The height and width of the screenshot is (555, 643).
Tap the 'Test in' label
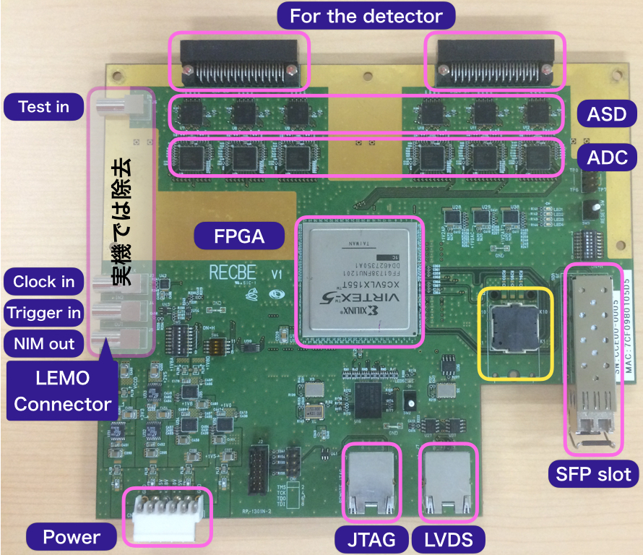(x=44, y=107)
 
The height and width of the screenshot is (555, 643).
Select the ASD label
(x=607, y=113)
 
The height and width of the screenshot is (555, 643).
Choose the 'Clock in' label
(x=44, y=282)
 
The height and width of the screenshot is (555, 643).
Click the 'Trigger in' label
(x=44, y=313)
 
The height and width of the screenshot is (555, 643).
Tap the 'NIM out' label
(x=44, y=344)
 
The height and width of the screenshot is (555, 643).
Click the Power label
(x=72, y=537)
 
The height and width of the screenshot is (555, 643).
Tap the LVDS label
(x=448, y=539)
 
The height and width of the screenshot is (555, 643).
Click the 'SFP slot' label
(x=594, y=474)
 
